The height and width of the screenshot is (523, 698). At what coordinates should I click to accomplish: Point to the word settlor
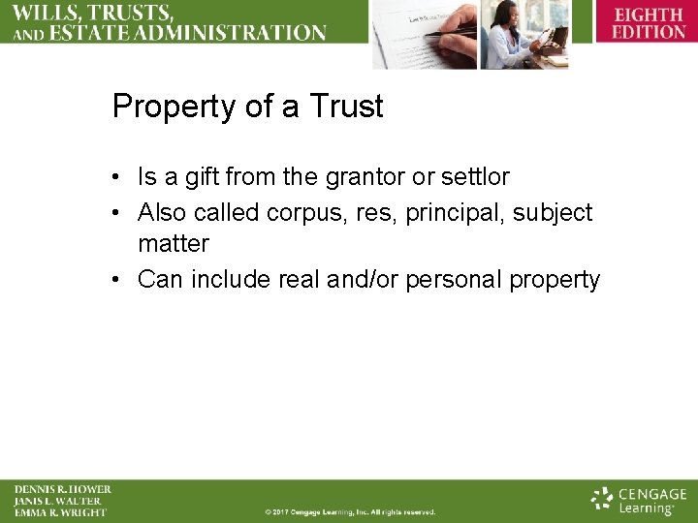click(475, 177)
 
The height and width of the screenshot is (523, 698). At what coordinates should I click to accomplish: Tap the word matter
click(174, 244)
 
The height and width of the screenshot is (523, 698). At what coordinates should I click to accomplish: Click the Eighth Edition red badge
click(649, 22)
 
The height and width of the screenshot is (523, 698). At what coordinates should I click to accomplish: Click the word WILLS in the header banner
click(47, 13)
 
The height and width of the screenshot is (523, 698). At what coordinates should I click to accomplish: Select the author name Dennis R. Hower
click(62, 490)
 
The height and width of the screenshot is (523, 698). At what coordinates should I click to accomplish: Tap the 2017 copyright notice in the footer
click(350, 512)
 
